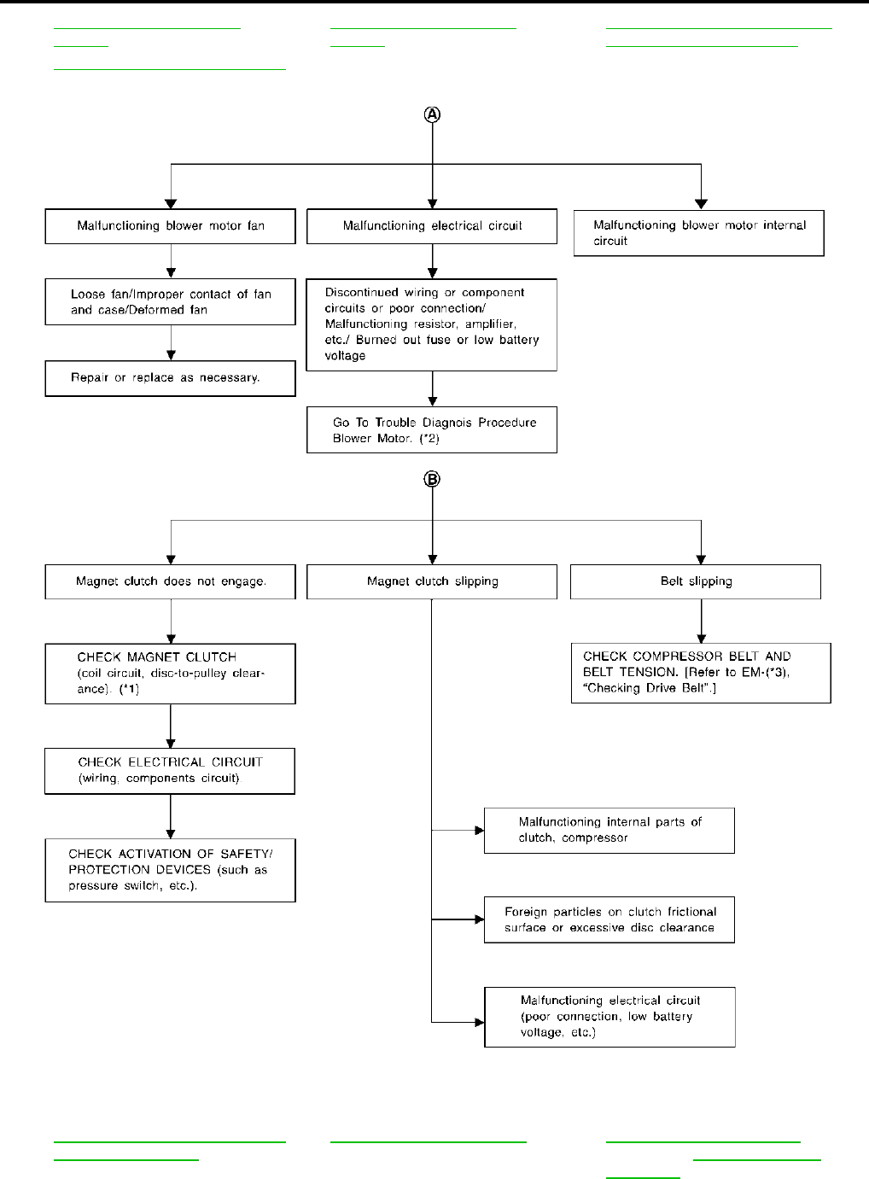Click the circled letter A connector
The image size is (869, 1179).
[x=432, y=114]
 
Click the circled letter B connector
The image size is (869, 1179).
[x=432, y=479]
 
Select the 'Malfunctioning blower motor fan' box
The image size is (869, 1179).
[x=171, y=226]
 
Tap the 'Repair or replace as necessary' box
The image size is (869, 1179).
[x=171, y=378]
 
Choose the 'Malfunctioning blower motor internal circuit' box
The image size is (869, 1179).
[x=699, y=233]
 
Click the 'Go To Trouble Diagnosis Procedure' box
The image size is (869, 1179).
[x=432, y=430]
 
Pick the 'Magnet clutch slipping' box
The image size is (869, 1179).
[x=432, y=581]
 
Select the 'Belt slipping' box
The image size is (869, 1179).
[x=696, y=581]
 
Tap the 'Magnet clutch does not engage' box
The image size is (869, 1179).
[x=171, y=581]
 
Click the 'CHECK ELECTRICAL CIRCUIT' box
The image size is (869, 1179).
[x=170, y=771]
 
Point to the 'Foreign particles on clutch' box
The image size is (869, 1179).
[x=609, y=920]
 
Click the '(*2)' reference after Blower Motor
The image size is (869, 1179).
[x=429, y=439]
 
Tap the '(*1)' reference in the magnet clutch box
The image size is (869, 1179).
[x=129, y=689]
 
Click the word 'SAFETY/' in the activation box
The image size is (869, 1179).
[x=247, y=854]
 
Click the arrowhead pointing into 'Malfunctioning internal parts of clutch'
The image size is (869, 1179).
[x=480, y=831]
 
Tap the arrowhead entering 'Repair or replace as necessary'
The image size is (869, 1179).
[x=171, y=356]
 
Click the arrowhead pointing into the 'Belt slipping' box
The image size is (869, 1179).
[x=701, y=559]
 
